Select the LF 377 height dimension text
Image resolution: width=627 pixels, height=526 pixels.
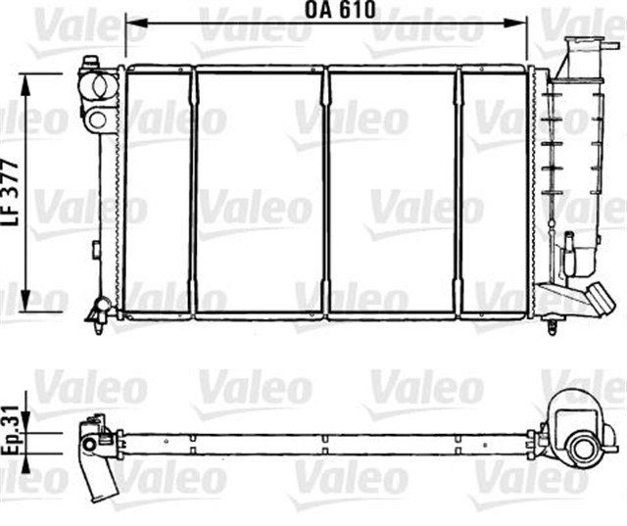10,191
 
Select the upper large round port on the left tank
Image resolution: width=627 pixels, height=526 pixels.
96,86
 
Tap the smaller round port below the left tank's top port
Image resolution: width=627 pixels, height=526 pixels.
96,120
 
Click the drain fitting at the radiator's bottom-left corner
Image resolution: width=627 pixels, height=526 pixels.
100,312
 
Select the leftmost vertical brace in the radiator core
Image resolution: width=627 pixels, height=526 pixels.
194,192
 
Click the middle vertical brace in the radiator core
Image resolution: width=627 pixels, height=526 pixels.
325,192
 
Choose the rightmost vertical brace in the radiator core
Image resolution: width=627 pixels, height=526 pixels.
458,192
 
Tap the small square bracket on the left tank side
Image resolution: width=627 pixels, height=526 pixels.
95,250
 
